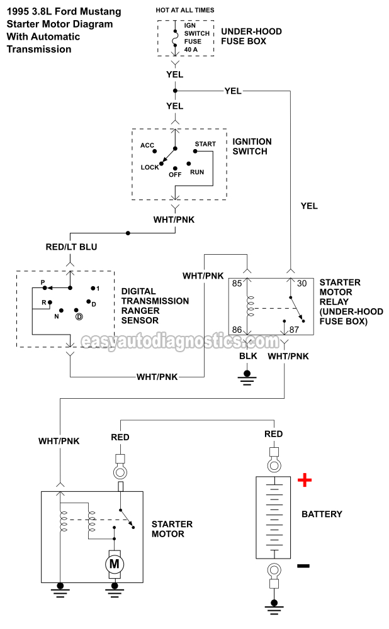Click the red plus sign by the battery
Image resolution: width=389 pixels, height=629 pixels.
click(305, 481)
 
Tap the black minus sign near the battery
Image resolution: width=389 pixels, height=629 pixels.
click(303, 565)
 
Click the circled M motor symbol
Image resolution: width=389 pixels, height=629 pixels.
click(115, 564)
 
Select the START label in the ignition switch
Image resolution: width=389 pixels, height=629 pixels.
click(205, 144)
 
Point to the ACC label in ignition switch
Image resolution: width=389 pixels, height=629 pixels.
click(147, 145)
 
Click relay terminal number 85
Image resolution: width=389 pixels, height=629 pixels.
click(237, 283)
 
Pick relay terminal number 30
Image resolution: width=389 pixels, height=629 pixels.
click(302, 283)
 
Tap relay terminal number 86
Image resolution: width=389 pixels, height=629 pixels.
click(237, 329)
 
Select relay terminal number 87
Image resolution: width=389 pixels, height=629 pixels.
click(294, 329)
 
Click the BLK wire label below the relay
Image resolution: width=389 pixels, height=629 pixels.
click(247, 356)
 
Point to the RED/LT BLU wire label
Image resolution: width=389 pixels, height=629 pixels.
click(72, 247)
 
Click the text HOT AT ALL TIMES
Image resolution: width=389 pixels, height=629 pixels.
click(185, 10)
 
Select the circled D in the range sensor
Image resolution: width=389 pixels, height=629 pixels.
click(79, 316)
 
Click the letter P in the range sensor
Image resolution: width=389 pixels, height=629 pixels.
click(43, 283)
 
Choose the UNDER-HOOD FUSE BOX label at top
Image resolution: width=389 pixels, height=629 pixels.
click(251, 36)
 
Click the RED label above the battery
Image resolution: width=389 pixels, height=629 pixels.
click(274, 434)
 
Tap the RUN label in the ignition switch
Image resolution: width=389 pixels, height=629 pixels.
click(197, 172)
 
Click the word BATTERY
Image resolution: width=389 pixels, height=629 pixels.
click(322, 514)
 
